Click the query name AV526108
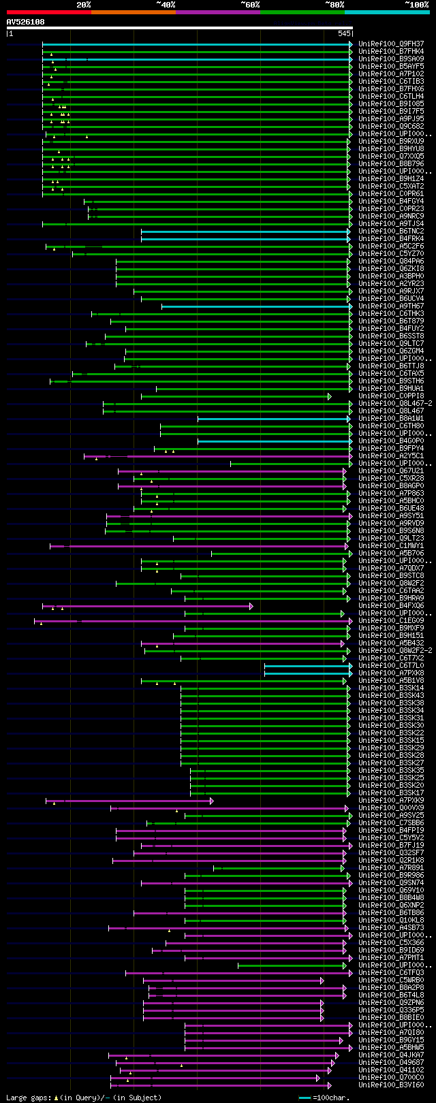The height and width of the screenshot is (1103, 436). [26, 22]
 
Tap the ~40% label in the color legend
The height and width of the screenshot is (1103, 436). [166, 5]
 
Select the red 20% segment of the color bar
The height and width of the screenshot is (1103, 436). [48, 12]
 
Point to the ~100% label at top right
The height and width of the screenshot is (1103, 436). [416, 5]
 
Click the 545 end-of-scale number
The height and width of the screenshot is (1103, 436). [344, 33]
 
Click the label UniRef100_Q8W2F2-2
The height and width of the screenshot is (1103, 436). [395, 651]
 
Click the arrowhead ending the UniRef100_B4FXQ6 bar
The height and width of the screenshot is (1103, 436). [251, 606]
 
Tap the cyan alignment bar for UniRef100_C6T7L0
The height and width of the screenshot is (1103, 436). [307, 666]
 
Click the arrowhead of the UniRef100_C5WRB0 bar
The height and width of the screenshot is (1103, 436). [322, 980]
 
